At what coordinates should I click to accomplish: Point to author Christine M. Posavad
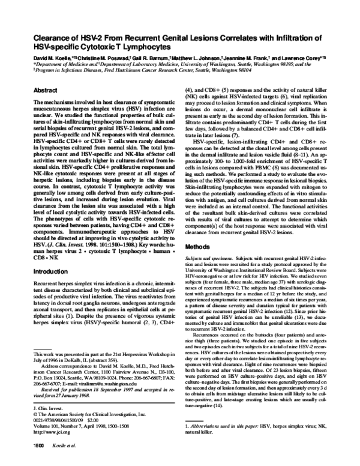(x=99, y=59)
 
